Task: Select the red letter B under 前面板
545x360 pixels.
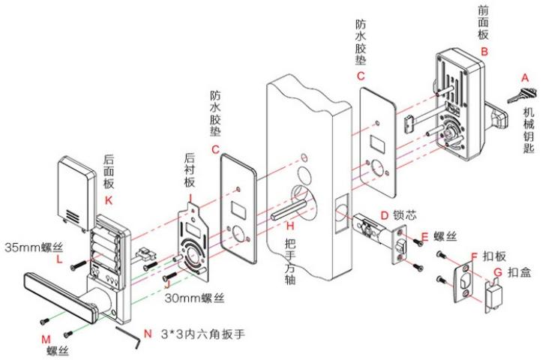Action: point(484,52)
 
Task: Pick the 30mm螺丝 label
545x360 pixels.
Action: point(196,299)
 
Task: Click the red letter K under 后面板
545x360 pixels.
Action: point(110,200)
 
